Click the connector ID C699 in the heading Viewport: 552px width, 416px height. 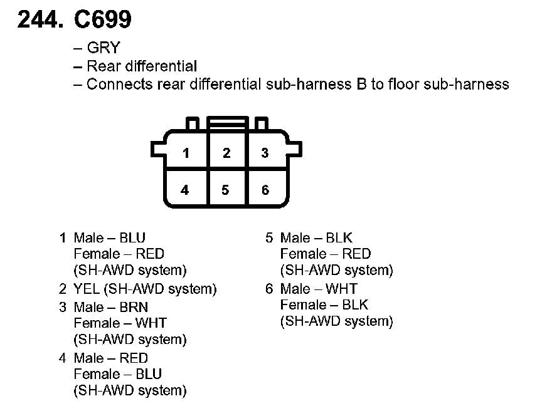click(x=103, y=21)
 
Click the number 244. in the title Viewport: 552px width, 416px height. click(x=40, y=21)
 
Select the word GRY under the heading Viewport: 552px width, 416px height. click(x=103, y=48)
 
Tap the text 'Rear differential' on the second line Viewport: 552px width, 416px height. click(x=142, y=66)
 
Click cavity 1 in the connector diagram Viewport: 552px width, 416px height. click(x=186, y=153)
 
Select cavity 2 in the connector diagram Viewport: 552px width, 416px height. click(x=226, y=153)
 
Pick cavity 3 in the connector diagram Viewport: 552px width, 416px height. click(x=265, y=153)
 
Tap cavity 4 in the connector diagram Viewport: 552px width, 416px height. click(x=185, y=190)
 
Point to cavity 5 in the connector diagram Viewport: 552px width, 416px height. click(x=225, y=190)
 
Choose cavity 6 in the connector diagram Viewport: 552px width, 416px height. click(x=265, y=190)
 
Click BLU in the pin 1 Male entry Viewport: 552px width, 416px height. click(x=132, y=237)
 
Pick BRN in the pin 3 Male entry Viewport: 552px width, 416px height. click(x=133, y=307)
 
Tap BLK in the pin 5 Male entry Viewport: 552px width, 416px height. click(x=339, y=237)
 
